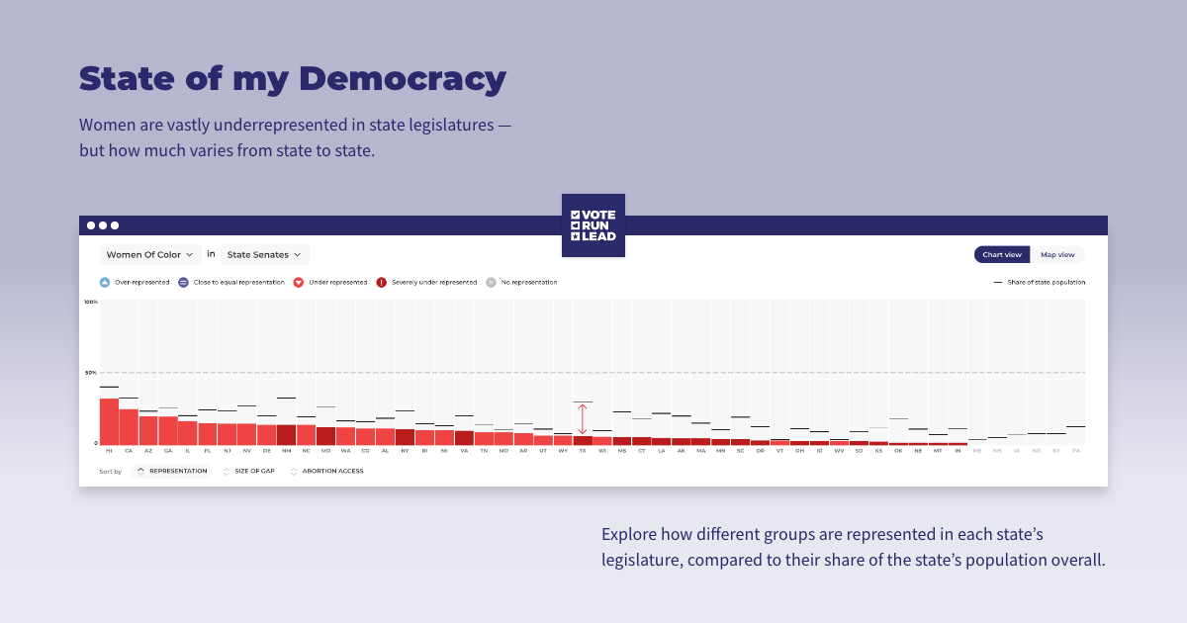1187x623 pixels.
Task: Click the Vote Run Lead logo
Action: click(593, 225)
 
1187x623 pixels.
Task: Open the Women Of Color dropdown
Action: click(150, 254)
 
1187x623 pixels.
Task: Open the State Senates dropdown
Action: click(264, 254)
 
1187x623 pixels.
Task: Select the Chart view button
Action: click(1001, 254)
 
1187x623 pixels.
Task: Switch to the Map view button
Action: click(1057, 254)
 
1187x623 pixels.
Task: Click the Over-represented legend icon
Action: click(104, 282)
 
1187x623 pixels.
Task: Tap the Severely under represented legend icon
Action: click(381, 282)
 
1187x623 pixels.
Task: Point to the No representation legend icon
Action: click(491, 282)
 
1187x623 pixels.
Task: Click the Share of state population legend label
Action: click(1046, 282)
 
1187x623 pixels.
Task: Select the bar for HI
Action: click(109, 421)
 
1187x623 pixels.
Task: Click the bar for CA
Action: click(129, 426)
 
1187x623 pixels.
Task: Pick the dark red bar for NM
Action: click(286, 434)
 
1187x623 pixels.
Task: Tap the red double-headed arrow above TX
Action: click(582, 419)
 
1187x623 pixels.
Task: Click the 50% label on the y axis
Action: click(91, 373)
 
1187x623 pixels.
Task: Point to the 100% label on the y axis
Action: click(91, 302)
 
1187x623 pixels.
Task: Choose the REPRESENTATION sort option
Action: click(172, 471)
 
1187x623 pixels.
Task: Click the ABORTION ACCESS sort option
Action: click(332, 471)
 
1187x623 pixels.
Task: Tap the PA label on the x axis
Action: click(1075, 450)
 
